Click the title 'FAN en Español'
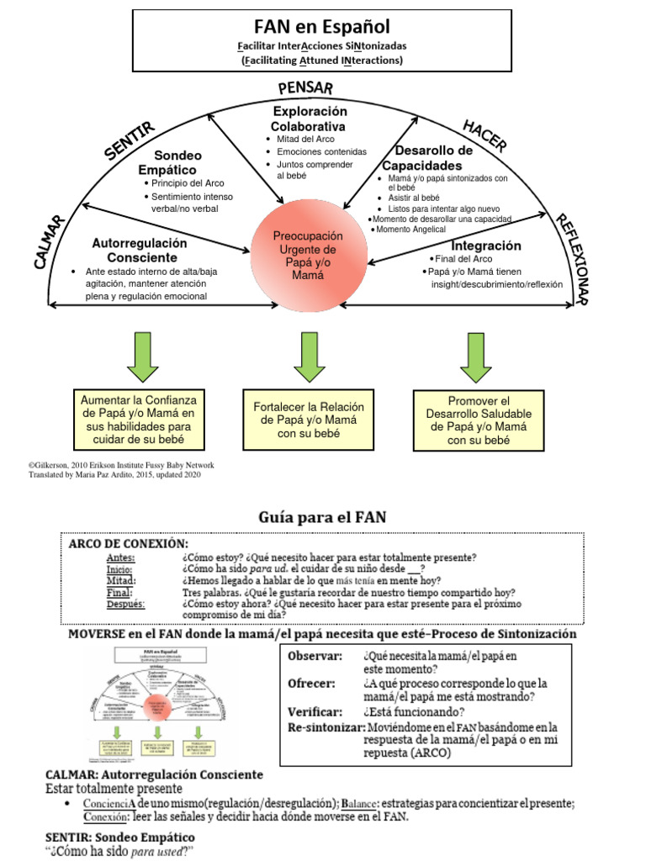321,27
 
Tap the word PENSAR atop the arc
305,87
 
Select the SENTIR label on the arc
129,140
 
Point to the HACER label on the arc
484,135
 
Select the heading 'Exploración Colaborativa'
310,119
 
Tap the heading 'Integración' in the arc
485,246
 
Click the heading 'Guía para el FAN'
322,517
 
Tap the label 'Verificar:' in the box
315,711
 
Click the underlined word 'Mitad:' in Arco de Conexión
121,580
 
